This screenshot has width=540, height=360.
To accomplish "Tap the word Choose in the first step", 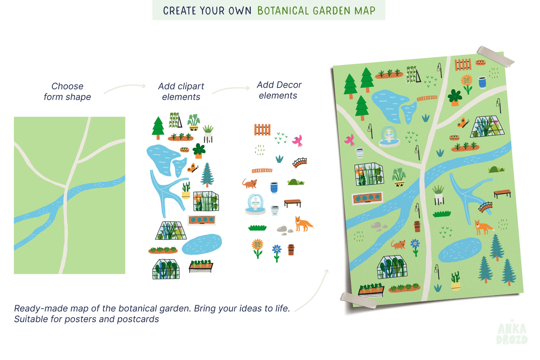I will [67, 86].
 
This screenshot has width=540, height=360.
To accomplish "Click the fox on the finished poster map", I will [483, 227].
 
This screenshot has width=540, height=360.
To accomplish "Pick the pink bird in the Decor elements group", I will [298, 141].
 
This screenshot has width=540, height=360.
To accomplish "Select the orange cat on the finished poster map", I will [398, 244].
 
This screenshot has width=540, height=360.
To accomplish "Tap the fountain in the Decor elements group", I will [255, 204].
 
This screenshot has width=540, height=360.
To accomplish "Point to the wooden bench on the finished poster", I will [502, 193].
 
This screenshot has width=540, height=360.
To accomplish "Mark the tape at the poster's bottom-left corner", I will [359, 300].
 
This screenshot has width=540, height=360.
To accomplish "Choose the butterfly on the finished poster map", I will [463, 123].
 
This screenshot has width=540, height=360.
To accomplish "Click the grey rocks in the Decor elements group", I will [284, 230].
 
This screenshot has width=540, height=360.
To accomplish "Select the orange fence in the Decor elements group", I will [262, 130].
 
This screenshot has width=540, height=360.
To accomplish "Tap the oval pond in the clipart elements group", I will [202, 244].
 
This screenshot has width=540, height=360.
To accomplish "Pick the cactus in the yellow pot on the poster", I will [456, 281].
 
